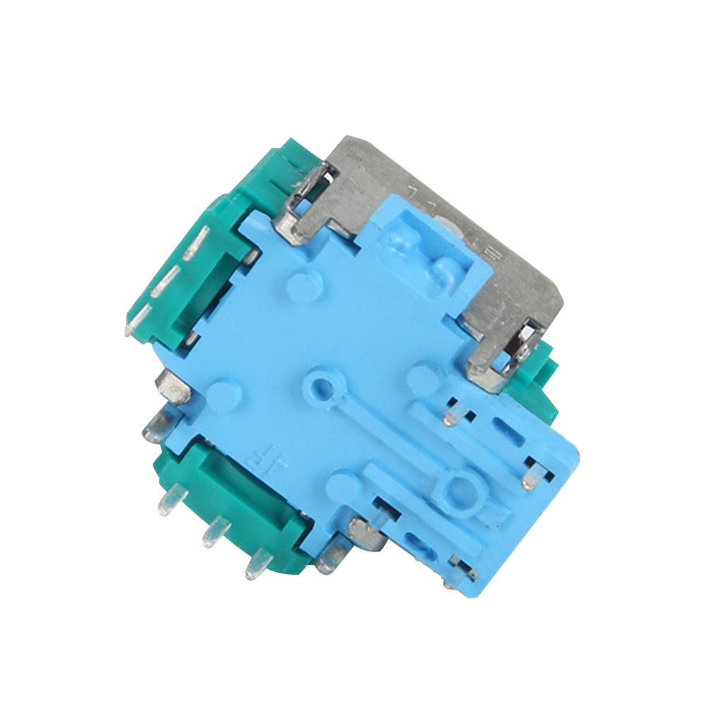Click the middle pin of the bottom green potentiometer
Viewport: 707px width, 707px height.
pos(215,532)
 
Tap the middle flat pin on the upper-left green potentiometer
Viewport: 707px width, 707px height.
pos(165,283)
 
